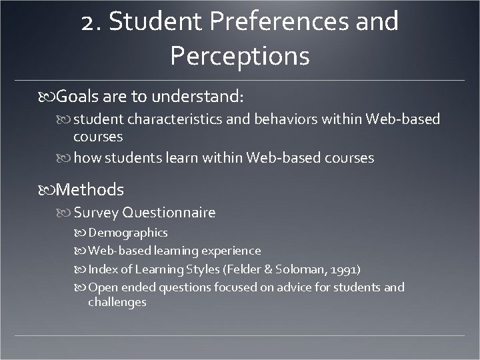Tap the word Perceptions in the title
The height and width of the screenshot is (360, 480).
click(240, 56)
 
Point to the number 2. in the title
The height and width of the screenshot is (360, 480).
click(91, 23)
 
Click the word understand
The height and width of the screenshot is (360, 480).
click(198, 97)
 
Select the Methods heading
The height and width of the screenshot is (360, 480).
click(90, 190)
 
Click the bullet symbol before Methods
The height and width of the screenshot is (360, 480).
click(47, 190)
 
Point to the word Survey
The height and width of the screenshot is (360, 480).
click(96, 213)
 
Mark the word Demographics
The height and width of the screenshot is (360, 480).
click(127, 233)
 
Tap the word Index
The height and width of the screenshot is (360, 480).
click(101, 269)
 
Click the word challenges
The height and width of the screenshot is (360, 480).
click(117, 302)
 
